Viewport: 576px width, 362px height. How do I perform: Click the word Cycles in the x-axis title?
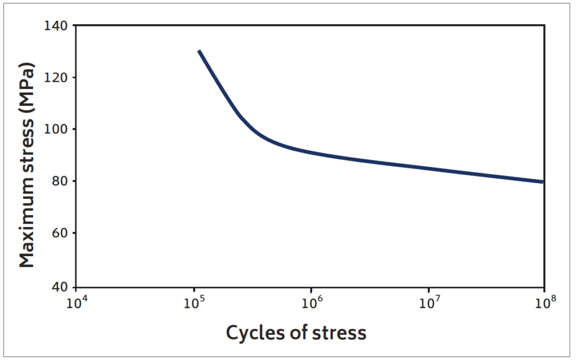click(x=251, y=333)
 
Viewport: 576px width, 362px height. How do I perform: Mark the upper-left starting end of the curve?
click(x=199, y=51)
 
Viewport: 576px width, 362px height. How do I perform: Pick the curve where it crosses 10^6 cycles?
click(x=311, y=153)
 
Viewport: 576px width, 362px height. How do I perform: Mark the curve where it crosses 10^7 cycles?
click(x=428, y=168)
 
